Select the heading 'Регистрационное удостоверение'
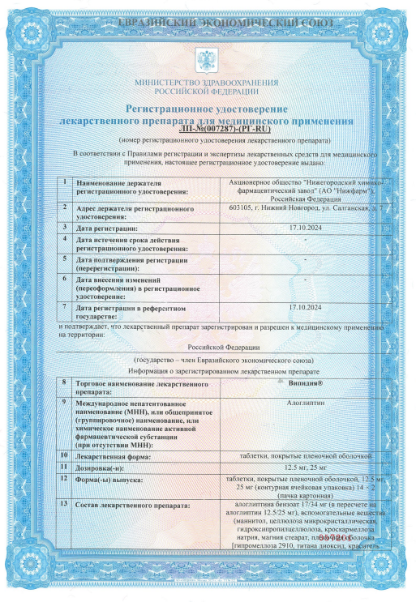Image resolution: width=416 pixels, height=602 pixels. coord(207,108)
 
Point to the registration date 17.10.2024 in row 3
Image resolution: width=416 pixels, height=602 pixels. coord(305,228)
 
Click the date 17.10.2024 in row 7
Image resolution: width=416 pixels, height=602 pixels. coord(305,307)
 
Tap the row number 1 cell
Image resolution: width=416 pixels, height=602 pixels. coord(64,183)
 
